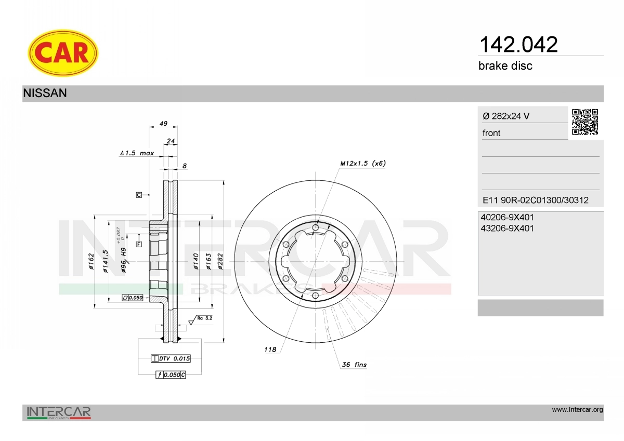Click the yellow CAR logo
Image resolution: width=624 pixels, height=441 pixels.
click(x=63, y=53)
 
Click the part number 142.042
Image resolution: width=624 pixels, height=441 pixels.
click(x=518, y=45)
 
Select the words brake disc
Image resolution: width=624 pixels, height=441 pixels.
click(x=505, y=66)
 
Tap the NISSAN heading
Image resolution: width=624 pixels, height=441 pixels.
click(x=45, y=93)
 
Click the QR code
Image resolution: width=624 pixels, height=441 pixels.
click(x=585, y=122)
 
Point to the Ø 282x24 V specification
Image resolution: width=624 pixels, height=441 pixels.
click(x=506, y=116)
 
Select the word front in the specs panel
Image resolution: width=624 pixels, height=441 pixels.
click(x=491, y=133)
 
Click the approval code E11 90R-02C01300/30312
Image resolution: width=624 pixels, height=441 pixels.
click(x=536, y=200)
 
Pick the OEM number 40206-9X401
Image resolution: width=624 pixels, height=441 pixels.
click(x=507, y=217)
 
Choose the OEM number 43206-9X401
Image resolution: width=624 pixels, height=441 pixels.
click(x=507, y=229)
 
